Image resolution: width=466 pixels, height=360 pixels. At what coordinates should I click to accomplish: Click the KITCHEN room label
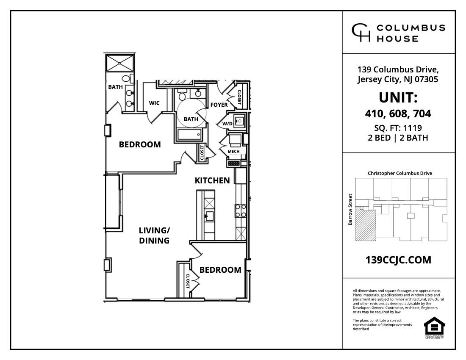pyautogui.click(x=212, y=180)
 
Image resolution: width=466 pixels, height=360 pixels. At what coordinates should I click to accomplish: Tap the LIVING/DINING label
pyautogui.click(x=154, y=235)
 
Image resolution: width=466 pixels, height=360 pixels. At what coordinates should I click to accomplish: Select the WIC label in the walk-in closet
pyautogui.click(x=154, y=103)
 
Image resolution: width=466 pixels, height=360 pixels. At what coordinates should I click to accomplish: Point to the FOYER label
pyautogui.click(x=219, y=105)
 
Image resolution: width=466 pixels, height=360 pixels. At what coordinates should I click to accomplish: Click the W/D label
pyautogui.click(x=227, y=124)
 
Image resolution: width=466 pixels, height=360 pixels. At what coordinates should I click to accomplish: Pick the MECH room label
pyautogui.click(x=233, y=151)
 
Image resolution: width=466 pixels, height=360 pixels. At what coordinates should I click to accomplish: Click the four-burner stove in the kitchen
pyautogui.click(x=241, y=210)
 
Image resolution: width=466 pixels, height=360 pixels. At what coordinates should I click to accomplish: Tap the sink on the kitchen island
pyautogui.click(x=209, y=215)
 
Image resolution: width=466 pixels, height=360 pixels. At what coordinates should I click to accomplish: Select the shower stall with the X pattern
pyautogui.click(x=121, y=63)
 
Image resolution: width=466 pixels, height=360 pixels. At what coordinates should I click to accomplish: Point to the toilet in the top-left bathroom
pyautogui.click(x=126, y=78)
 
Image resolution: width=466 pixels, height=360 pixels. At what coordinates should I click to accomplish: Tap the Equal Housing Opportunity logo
pyautogui.click(x=434, y=327)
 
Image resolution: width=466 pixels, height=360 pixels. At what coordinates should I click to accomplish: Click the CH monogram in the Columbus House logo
pyautogui.click(x=361, y=33)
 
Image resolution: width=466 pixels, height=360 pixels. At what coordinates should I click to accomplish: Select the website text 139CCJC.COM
pyautogui.click(x=398, y=260)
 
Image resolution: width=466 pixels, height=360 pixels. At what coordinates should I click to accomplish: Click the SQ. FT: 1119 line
pyautogui.click(x=398, y=128)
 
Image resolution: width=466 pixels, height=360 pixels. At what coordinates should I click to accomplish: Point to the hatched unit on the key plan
pyautogui.click(x=365, y=226)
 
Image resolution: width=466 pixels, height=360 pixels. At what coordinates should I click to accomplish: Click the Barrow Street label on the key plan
pyautogui.click(x=350, y=209)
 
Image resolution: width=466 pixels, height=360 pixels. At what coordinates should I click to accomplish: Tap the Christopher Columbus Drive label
pyautogui.click(x=399, y=173)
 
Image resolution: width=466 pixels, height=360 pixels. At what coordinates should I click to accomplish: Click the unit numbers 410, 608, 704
pyautogui.click(x=398, y=114)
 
